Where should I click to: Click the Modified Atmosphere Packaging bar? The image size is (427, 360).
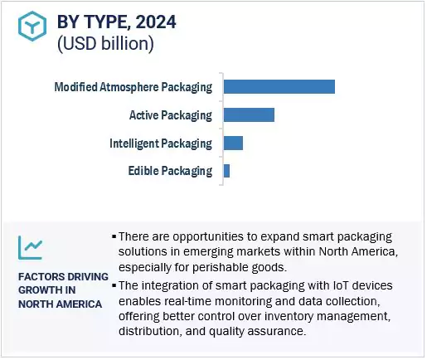(x=279, y=87)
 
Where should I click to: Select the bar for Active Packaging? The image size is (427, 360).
(x=249, y=115)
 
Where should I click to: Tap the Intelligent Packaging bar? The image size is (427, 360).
(x=233, y=144)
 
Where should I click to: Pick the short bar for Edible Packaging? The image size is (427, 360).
(x=226, y=171)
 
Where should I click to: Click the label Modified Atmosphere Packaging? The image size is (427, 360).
(x=133, y=87)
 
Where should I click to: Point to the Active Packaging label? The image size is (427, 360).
(x=170, y=115)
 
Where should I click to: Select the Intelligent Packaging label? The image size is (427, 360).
(x=160, y=144)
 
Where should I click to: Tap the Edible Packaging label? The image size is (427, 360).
(x=170, y=172)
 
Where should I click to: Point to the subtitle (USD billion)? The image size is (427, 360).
(x=105, y=44)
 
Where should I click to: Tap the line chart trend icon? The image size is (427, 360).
(x=31, y=246)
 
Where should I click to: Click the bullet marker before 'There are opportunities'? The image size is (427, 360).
(x=114, y=237)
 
